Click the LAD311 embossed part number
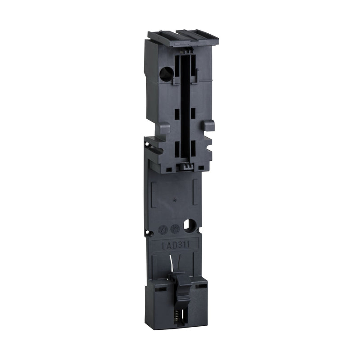click(175, 244)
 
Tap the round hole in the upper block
click(166, 73)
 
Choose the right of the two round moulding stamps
click(175, 229)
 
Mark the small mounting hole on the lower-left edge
click(147, 233)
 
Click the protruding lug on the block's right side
click(208, 126)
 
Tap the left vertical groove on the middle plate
click(154, 191)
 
